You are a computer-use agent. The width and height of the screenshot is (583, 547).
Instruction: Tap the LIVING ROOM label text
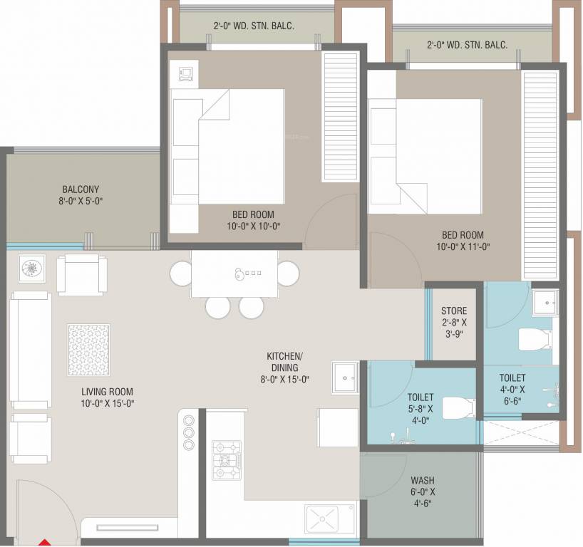point(107,397)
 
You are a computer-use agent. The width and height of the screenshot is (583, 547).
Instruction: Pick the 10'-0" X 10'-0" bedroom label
point(252,220)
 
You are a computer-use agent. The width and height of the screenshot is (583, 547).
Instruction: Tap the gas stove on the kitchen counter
point(227,460)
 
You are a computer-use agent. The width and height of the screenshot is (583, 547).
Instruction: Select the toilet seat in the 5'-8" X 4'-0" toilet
point(457,408)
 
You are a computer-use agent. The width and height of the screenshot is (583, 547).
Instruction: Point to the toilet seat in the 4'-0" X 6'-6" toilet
point(534,340)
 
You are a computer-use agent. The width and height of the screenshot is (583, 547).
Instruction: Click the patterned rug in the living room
point(88,350)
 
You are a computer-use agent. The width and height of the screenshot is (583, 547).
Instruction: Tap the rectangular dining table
point(234,273)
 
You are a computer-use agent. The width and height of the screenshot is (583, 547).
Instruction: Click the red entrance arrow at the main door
point(44,543)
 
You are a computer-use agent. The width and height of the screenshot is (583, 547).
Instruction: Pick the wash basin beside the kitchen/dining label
point(345,377)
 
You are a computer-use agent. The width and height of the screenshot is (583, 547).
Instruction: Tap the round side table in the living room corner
point(32,268)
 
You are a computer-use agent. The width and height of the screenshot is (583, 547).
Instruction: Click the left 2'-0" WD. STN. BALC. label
point(253,26)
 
